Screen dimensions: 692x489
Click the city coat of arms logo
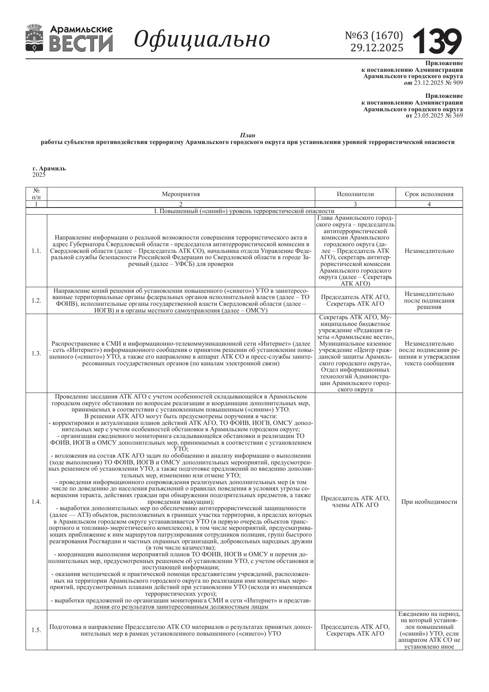coord(35,38)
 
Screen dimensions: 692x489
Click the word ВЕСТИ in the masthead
coord(82,43)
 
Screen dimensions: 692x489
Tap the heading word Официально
coord(202,39)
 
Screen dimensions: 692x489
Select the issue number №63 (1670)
coord(374,36)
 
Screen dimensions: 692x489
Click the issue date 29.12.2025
coord(377,48)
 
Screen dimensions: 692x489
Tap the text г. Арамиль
coord(49,168)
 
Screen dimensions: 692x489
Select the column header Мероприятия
coord(181,194)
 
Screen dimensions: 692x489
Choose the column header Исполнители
coord(355,194)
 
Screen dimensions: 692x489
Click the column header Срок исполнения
coord(429,194)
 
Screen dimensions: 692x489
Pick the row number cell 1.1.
coord(36,251)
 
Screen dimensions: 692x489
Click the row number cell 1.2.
coord(36,301)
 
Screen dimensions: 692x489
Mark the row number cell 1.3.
coord(36,353)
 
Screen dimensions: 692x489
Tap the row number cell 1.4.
coord(36,502)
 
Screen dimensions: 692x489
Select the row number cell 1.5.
coord(36,630)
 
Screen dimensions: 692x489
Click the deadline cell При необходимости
coord(429,502)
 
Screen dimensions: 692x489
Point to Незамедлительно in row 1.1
coord(429,251)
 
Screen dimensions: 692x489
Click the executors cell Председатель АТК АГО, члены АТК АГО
coord(355,502)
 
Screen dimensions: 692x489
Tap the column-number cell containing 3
coord(355,204)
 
